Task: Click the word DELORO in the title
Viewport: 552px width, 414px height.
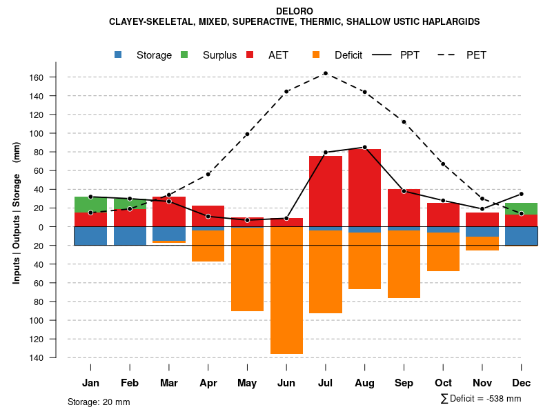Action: pyautogui.click(x=294, y=11)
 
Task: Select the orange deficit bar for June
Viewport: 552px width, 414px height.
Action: pyautogui.click(x=286, y=290)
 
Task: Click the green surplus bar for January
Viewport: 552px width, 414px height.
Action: pyautogui.click(x=90, y=204)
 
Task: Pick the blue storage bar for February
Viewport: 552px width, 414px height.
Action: pyautogui.click(x=130, y=236)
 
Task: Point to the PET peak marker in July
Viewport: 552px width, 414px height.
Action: pyautogui.click(x=325, y=73)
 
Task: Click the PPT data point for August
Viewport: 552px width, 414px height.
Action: pyautogui.click(x=364, y=147)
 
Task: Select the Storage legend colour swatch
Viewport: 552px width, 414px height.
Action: pyautogui.click(x=119, y=55)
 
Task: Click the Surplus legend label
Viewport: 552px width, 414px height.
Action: pyautogui.click(x=220, y=55)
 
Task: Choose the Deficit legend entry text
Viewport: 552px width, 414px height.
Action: pyautogui.click(x=348, y=55)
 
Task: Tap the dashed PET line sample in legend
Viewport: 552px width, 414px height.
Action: pyautogui.click(x=451, y=55)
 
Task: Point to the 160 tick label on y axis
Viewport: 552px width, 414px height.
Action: pyautogui.click(x=55, y=77)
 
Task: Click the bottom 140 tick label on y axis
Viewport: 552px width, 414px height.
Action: pyautogui.click(x=55, y=357)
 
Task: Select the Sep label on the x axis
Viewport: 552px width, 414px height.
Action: pyautogui.click(x=404, y=383)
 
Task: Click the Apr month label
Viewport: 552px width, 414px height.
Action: pyautogui.click(x=208, y=383)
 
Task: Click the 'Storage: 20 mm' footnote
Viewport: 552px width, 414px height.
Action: pyautogui.click(x=99, y=402)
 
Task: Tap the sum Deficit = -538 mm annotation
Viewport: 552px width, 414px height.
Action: pyautogui.click(x=481, y=399)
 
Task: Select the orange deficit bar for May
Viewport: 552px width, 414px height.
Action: pyautogui.click(x=247, y=269)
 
